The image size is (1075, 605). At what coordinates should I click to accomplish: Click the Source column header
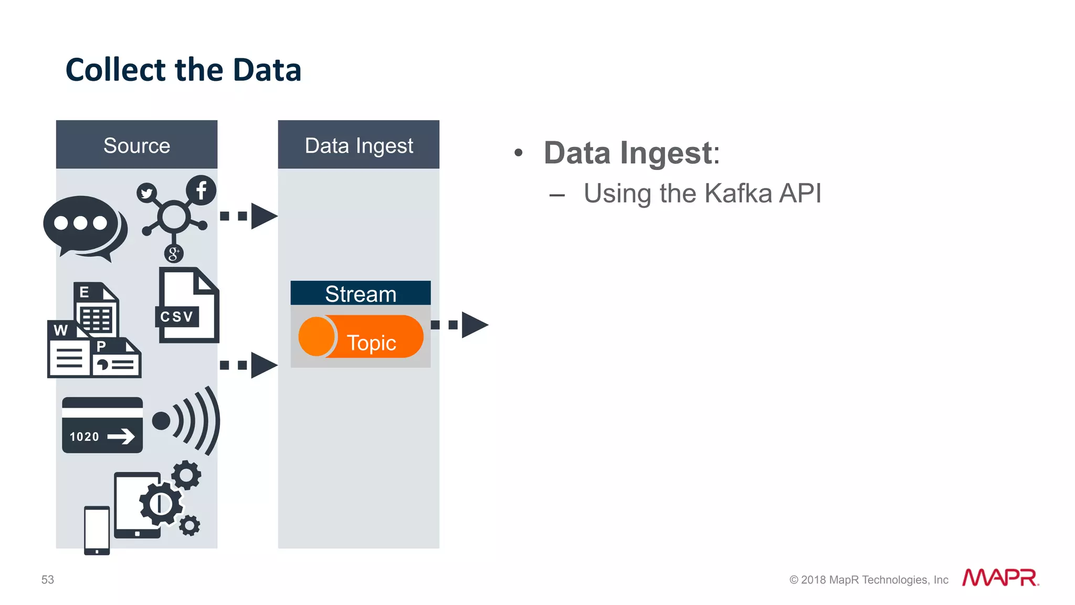pos(136,145)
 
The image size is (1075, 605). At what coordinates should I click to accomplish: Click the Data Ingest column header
pos(359,145)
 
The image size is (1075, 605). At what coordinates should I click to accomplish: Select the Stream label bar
pos(361,293)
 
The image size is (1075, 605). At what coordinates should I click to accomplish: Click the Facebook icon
pos(201,190)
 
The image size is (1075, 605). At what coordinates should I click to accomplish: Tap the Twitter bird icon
pos(147,193)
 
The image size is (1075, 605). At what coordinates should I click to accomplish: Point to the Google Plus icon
pos(174,254)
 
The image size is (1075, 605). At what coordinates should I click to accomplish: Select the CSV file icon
pos(187,307)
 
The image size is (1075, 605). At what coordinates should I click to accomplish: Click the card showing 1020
pos(102,425)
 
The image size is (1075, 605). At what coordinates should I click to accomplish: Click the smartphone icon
pos(97,530)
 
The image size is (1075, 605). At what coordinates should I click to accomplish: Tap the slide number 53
pos(48,579)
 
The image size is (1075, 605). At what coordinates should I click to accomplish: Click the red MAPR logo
pos(1000,578)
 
